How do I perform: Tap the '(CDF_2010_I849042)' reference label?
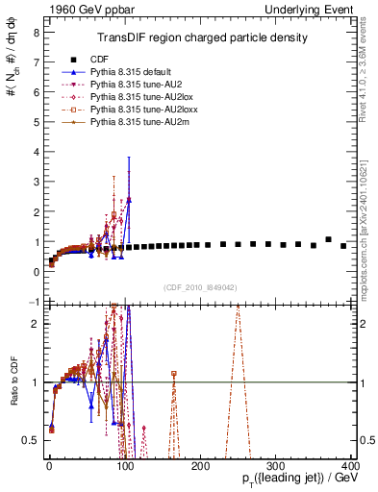[201, 287]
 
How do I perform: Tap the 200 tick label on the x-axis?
[199, 465]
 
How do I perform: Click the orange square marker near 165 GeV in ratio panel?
[173, 373]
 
